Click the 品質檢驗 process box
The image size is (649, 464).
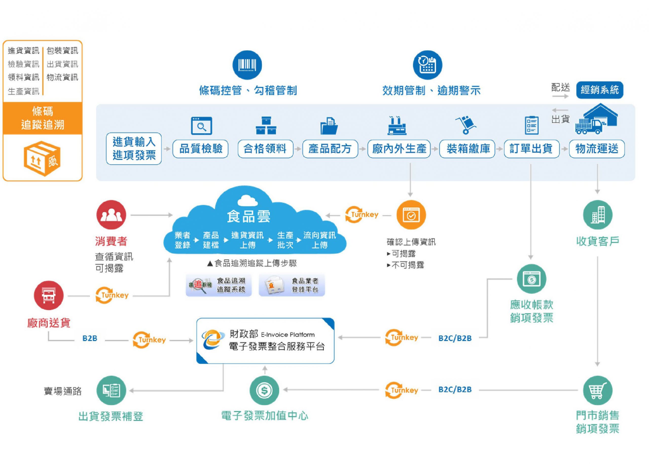click(x=201, y=149)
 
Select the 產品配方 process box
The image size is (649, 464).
click(x=330, y=149)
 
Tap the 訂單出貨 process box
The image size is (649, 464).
click(x=531, y=149)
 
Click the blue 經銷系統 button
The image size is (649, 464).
click(x=600, y=90)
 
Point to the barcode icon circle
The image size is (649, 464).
click(x=247, y=65)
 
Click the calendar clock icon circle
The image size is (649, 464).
click(x=427, y=65)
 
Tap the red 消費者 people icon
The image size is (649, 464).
click(x=111, y=215)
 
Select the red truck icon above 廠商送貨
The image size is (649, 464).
click(x=49, y=295)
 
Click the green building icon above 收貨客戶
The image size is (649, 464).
click(x=598, y=215)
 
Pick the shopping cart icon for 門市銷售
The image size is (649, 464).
click(x=598, y=390)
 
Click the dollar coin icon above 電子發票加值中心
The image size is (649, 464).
click(x=264, y=390)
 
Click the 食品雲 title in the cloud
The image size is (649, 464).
click(x=248, y=216)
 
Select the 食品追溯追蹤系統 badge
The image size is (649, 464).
click(x=219, y=285)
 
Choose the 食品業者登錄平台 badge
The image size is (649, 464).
click(x=292, y=285)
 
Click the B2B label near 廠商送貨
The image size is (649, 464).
click(x=90, y=338)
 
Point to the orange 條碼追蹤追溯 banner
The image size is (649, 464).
click(x=43, y=118)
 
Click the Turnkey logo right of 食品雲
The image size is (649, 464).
click(x=362, y=215)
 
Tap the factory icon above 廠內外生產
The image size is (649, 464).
click(x=397, y=126)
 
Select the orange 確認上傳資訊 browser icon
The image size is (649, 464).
click(x=411, y=215)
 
